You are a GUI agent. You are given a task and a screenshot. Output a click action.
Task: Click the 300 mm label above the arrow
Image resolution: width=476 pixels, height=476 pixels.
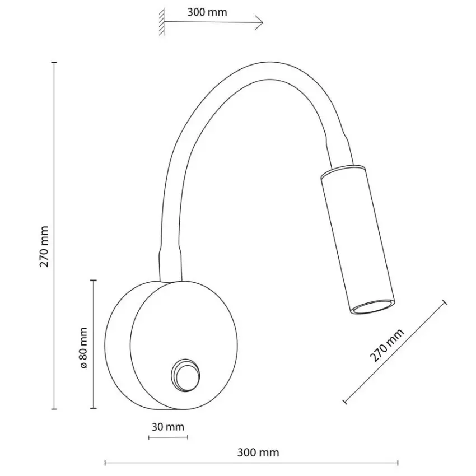pyautogui.click(x=207, y=12)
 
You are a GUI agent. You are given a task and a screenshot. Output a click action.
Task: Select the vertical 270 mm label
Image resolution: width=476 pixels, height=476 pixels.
pyautogui.click(x=44, y=246)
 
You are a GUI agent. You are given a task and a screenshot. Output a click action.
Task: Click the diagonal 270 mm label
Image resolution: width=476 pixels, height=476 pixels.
pyautogui.click(x=386, y=345)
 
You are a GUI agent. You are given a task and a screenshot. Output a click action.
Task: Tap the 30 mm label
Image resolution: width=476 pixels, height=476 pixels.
pyautogui.click(x=168, y=427)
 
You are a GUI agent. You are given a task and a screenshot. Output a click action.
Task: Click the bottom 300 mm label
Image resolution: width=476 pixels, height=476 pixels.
pyautogui.click(x=258, y=452)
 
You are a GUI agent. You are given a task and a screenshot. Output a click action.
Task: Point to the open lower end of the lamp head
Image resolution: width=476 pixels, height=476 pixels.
pyautogui.click(x=373, y=307)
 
